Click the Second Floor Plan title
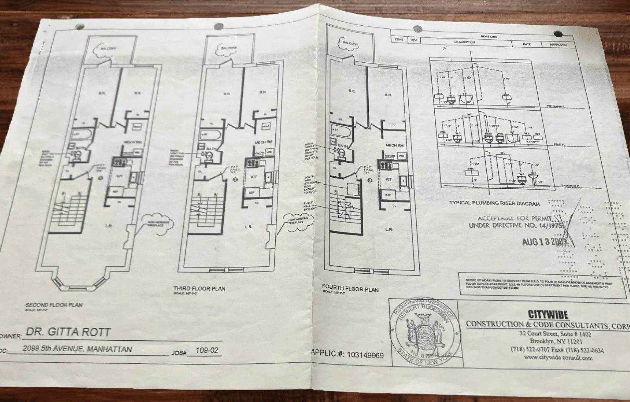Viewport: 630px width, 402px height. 54,305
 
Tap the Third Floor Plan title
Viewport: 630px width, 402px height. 199,288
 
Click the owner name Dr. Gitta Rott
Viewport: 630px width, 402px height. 68,332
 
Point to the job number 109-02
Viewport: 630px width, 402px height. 207,350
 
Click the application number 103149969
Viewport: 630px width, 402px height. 365,355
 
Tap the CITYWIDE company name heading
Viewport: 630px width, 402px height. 548,314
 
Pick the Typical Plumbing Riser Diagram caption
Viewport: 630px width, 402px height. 494,203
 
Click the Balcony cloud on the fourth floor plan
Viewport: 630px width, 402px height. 350,43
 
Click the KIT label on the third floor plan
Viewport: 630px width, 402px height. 254,177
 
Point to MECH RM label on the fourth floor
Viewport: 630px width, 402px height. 394,145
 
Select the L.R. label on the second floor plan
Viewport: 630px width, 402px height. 108,226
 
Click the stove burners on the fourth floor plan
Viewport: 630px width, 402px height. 385,166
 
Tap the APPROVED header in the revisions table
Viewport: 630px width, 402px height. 558,45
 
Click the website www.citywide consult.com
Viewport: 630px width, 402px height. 558,358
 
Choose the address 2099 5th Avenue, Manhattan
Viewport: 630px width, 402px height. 77,349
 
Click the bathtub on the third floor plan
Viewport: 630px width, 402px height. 211,135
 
